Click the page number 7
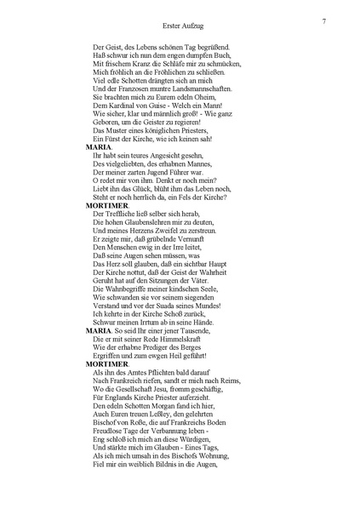tap(325, 20)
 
